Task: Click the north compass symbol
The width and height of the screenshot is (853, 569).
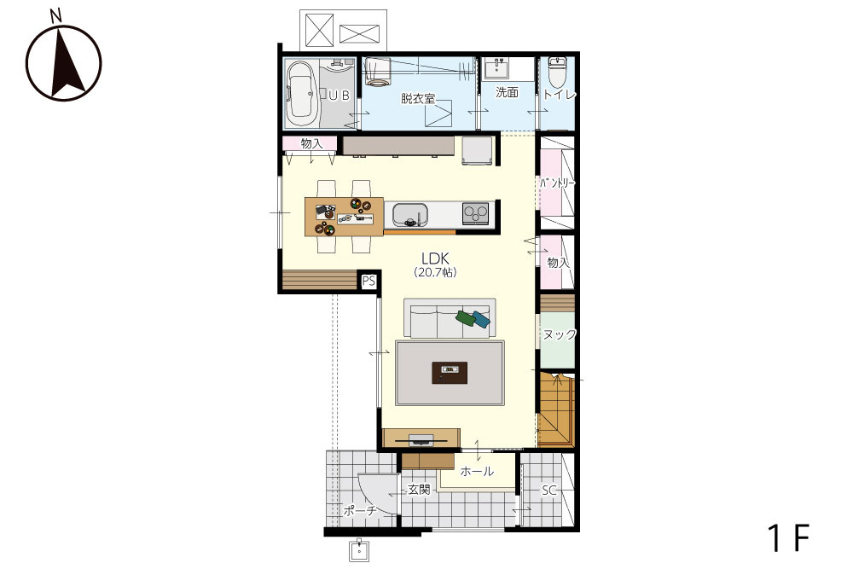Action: [x=64, y=61]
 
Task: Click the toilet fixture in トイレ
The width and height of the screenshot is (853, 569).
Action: [x=557, y=73]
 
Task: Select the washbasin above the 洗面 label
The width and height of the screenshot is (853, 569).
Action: [x=496, y=69]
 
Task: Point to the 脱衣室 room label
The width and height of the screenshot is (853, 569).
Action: [x=418, y=99]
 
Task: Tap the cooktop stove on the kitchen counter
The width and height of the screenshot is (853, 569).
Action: [x=475, y=212]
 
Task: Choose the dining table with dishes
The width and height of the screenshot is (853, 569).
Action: [x=344, y=217]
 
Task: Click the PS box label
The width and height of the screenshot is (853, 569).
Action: [x=368, y=282]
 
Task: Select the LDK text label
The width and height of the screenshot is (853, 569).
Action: [x=435, y=258]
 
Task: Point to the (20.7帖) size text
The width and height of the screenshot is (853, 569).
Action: [x=435, y=272]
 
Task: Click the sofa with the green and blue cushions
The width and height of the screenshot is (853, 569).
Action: [x=450, y=317]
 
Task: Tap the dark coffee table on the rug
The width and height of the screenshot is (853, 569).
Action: [x=450, y=373]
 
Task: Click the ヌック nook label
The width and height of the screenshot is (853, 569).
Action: [x=560, y=334]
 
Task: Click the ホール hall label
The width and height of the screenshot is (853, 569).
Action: [x=477, y=472]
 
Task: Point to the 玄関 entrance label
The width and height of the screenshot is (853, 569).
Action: [x=420, y=490]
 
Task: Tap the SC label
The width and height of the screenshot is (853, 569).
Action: [x=548, y=491]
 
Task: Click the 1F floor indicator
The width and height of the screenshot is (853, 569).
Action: [x=789, y=538]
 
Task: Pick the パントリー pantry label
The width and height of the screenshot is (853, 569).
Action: [x=557, y=183]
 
